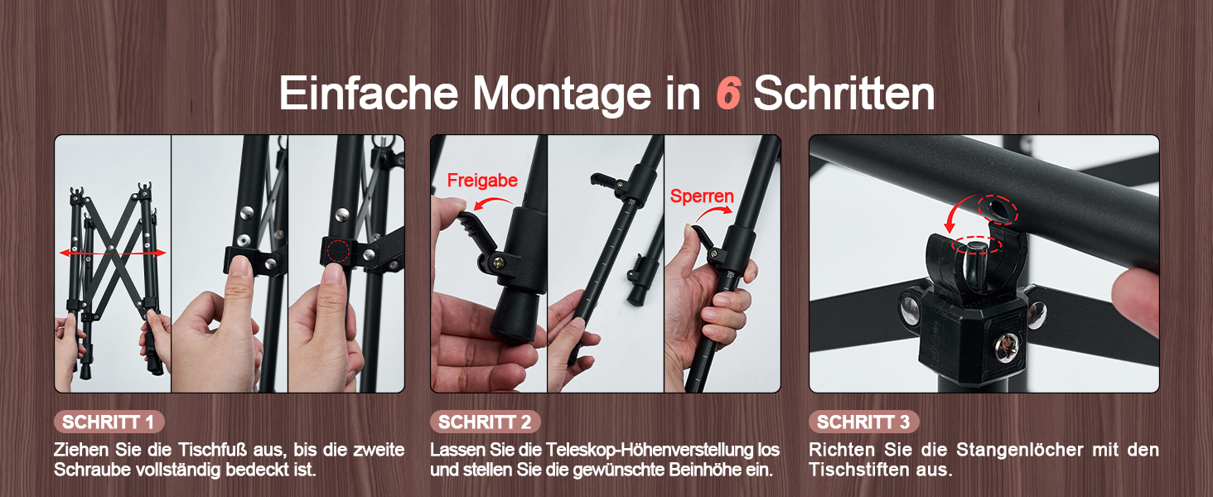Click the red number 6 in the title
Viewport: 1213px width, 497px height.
coord(728,93)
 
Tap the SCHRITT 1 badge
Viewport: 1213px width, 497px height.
coord(109,422)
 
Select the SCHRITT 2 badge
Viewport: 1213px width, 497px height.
coord(485,422)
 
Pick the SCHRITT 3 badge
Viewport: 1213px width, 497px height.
coord(863,422)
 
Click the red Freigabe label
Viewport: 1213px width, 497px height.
coord(482,181)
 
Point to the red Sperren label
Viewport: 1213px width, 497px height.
coord(702,196)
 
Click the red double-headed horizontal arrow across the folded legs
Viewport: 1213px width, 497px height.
coord(113,253)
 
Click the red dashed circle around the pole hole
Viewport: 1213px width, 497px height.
coord(998,210)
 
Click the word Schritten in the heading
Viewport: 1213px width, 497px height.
coord(844,94)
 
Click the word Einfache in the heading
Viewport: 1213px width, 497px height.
coord(369,94)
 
